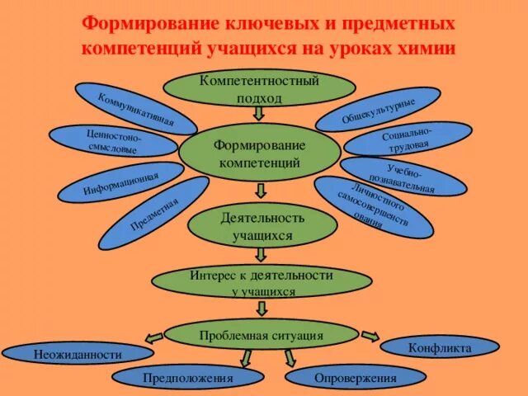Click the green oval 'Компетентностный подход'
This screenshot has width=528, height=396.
pos(259,88)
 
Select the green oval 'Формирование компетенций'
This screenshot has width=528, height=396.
pos(259,153)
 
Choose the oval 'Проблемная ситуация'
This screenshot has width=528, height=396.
pos(261,336)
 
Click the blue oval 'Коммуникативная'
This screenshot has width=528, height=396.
pos(136,109)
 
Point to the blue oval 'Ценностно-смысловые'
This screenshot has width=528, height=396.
pos(112,141)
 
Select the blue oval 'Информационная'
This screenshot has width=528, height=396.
pos(121,182)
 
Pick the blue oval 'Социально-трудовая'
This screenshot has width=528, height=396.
pos(408,139)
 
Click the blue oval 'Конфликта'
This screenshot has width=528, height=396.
pos(440,347)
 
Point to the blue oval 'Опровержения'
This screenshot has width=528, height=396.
pos(356,378)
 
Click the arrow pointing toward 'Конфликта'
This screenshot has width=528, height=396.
pos(370,336)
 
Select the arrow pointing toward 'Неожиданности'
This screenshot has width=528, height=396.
pos(153,337)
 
